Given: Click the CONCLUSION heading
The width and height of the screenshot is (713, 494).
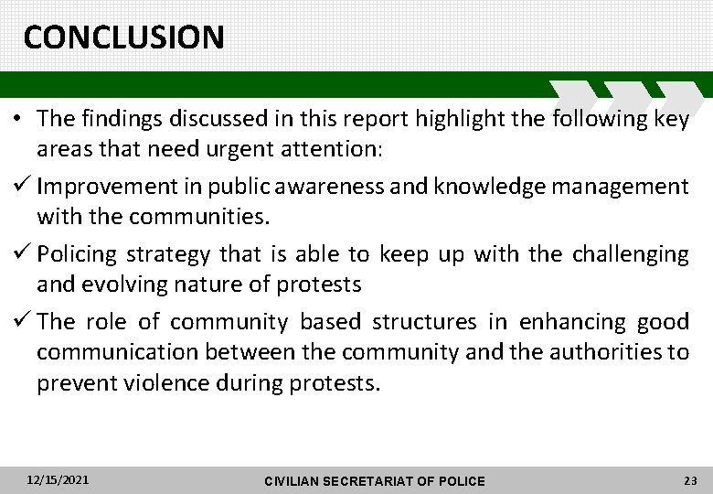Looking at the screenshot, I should (x=123, y=37).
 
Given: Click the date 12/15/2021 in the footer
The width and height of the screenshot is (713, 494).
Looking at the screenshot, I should (x=58, y=479).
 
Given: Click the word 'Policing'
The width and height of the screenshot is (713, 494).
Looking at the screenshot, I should (x=79, y=253).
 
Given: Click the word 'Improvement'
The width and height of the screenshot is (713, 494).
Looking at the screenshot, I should (x=110, y=188).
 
